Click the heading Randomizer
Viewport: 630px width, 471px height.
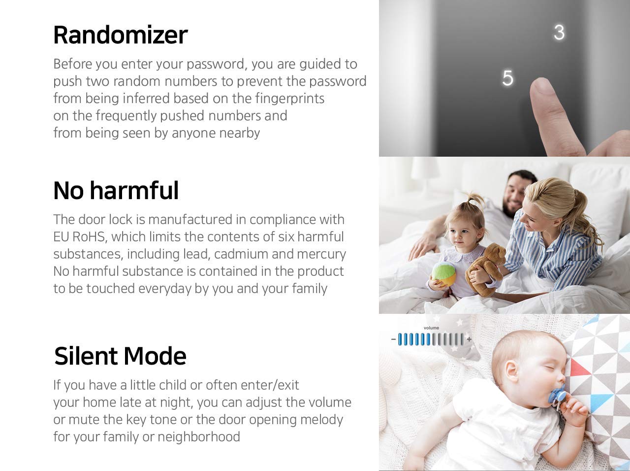120,34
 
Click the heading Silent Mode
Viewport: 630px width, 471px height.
120,356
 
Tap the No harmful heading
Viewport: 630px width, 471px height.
116,190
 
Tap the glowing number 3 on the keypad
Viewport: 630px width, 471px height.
559,33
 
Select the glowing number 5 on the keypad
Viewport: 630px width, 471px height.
507,78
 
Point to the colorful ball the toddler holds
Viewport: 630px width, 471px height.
444,274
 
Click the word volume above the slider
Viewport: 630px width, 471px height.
431,328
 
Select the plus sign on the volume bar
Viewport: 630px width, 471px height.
469,339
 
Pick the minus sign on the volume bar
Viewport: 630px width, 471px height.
393,339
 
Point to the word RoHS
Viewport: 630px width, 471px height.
89,237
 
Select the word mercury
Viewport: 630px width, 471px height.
321,254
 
